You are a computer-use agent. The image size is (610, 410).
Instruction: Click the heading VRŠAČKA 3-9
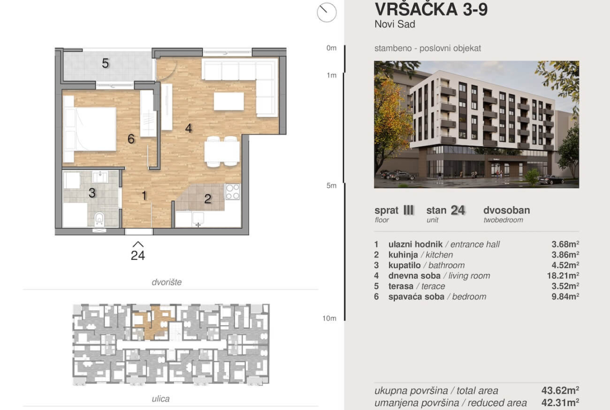(x=431, y=9)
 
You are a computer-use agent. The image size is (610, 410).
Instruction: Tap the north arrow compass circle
(x=326, y=12)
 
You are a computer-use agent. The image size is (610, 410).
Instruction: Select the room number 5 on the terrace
(x=105, y=64)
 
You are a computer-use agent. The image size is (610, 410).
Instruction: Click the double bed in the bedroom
(x=90, y=128)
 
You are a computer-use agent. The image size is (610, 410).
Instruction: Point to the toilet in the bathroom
(x=100, y=220)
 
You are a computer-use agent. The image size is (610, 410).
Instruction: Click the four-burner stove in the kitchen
(x=233, y=192)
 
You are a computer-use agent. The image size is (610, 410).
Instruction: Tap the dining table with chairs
(x=222, y=151)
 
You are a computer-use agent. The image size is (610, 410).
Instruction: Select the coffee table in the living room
(x=229, y=101)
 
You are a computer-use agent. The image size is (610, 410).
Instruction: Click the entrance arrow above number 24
(x=138, y=244)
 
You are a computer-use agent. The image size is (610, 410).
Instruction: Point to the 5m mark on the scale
(x=332, y=185)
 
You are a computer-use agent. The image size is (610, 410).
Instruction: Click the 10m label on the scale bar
(x=329, y=319)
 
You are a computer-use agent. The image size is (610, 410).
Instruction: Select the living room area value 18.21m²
(x=563, y=276)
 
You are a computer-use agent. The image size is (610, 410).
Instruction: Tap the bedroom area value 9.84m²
(x=565, y=297)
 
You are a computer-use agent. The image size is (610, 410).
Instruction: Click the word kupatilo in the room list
(x=405, y=265)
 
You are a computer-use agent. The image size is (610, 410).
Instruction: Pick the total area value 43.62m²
(x=560, y=391)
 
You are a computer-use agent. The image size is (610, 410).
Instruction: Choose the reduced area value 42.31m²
(x=560, y=403)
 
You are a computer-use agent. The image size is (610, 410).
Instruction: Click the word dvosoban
(x=507, y=210)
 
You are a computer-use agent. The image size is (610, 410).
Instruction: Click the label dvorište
(x=166, y=282)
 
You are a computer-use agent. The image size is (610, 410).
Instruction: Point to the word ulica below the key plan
(x=161, y=399)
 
